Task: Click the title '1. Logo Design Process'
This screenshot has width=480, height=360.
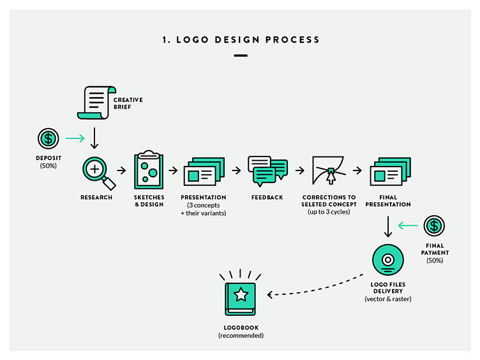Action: point(240,40)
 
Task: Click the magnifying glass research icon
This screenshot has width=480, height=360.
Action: point(96,172)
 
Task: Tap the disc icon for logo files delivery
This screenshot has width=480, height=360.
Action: point(387,260)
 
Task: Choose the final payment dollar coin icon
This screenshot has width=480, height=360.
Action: point(435,225)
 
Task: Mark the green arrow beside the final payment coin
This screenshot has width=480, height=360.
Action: point(407,225)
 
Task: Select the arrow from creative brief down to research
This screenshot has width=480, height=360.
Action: point(95,137)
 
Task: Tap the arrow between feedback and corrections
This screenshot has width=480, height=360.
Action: point(296,171)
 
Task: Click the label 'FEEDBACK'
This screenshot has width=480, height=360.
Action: point(267,197)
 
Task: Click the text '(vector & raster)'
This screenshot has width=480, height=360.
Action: point(387,298)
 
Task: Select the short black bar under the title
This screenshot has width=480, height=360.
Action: point(240,56)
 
